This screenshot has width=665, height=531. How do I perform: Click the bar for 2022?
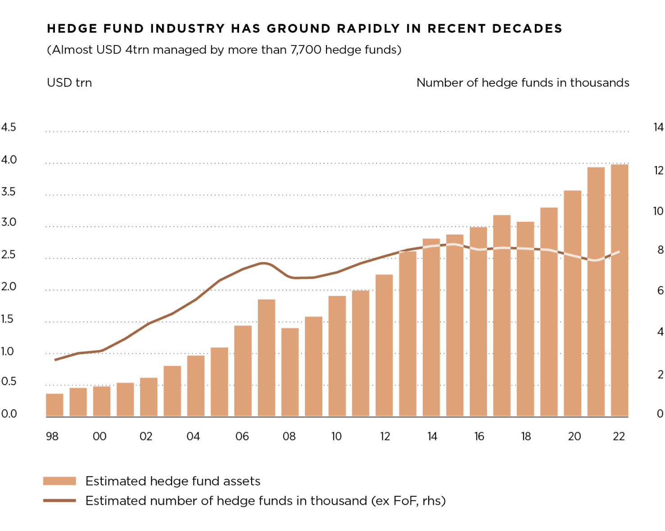[x=619, y=290]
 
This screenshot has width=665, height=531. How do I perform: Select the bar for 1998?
[x=54, y=405]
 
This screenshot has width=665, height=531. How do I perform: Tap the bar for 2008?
[x=290, y=372]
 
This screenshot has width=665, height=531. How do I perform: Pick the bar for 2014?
[x=431, y=327]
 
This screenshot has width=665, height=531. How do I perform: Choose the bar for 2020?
[x=572, y=303]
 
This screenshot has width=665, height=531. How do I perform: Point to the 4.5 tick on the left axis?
[x=9, y=127]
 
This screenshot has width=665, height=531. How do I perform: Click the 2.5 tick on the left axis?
[x=9, y=255]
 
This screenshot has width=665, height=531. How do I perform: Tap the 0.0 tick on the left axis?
[x=9, y=414]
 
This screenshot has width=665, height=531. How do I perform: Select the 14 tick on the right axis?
[x=658, y=128]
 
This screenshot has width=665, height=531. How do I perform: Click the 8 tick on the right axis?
[x=660, y=250]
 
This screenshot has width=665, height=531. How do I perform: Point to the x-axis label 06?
[x=242, y=436]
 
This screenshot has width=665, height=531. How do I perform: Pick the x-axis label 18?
[x=525, y=436]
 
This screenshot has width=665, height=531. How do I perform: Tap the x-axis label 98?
[x=52, y=436]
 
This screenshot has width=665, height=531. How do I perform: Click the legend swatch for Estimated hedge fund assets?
[x=59, y=481]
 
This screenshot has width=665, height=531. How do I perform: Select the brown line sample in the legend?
[x=59, y=500]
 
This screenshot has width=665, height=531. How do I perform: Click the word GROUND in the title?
[x=299, y=28]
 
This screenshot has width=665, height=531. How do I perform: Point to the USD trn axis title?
[x=69, y=83]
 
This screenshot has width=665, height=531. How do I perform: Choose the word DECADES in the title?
[x=527, y=28]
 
